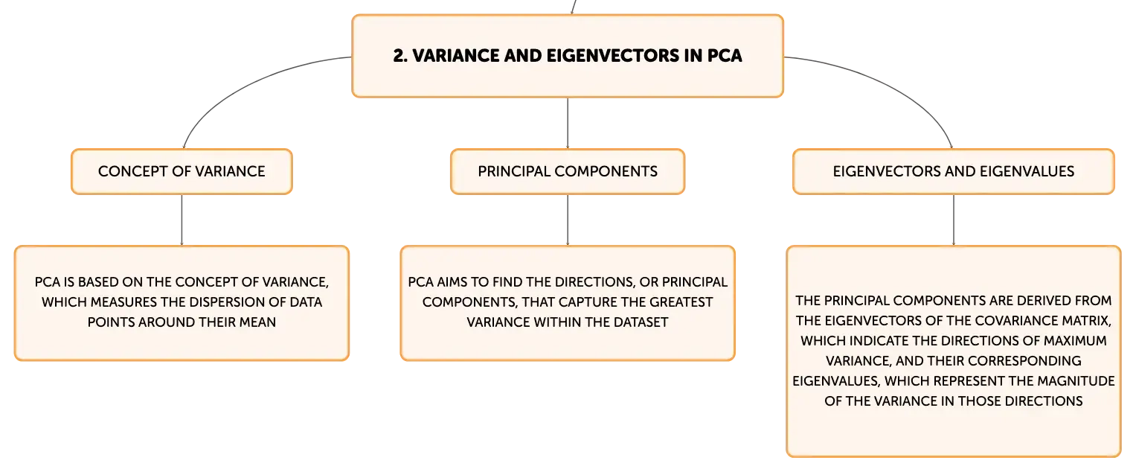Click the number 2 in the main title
click(399, 55)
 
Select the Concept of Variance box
click(182, 171)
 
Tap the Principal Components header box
click(568, 171)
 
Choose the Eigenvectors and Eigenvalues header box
click(954, 171)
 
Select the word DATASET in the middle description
click(641, 322)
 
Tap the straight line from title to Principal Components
click(568, 123)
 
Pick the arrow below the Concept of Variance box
click(182, 220)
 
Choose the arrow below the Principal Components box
click(568, 220)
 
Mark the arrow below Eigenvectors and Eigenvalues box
click(954, 220)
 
